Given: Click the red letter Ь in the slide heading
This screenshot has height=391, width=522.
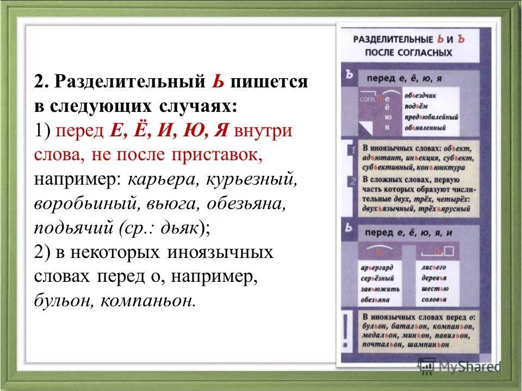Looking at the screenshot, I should (217, 82).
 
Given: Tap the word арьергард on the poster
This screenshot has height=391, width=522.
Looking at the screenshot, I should (377, 268).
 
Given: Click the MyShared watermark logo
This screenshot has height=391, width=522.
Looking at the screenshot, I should (459, 365).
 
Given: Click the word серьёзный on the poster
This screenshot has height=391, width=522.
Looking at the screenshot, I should (377, 278).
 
